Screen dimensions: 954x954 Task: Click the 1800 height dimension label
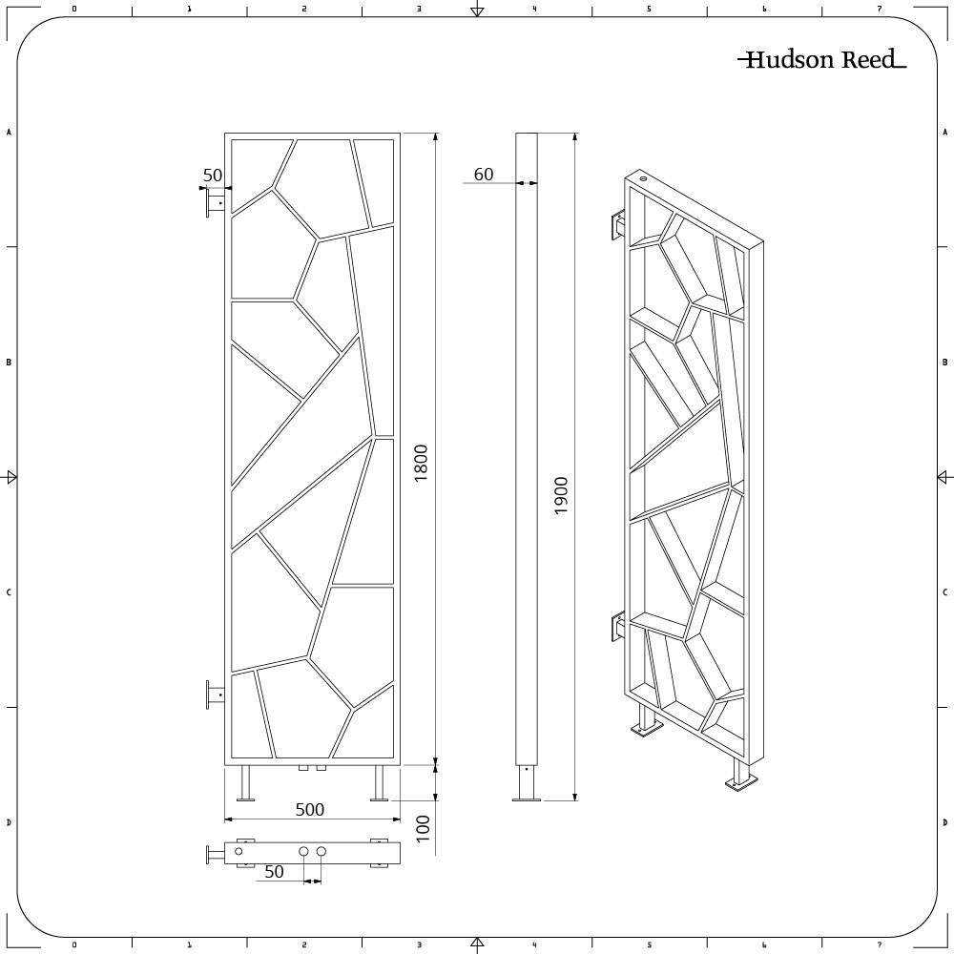422,463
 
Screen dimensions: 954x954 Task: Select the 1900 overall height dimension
562,496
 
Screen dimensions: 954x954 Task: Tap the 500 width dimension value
309,810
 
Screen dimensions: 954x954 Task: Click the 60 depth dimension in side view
484,174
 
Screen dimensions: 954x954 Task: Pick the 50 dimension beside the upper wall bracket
212,175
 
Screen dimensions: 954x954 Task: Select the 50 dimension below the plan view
274,871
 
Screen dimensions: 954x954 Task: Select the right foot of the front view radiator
380,784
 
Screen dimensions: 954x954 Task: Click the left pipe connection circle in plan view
303,851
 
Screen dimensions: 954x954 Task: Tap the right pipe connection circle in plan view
321,851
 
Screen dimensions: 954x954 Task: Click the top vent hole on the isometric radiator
643,177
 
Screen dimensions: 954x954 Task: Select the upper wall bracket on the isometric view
618,226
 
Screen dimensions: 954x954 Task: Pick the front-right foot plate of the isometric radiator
741,782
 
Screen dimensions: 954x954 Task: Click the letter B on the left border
9,363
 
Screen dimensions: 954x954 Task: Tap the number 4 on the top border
534,9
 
